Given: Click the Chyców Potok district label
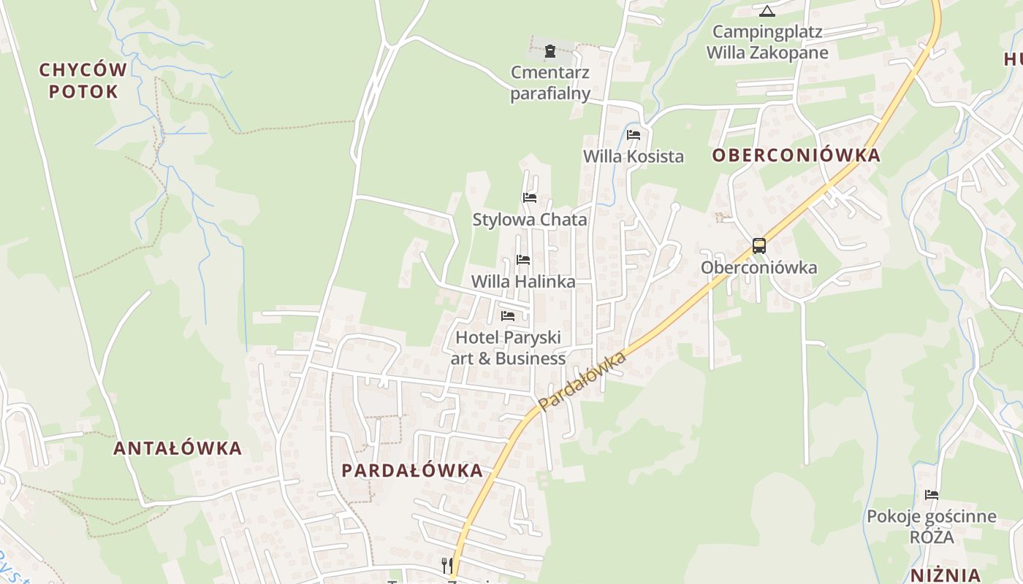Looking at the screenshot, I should pos(83,80).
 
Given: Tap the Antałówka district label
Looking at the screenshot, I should pos(178,447).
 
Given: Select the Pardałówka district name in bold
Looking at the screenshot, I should pos(412,470).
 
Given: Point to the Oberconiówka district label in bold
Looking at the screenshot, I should pos(796,155).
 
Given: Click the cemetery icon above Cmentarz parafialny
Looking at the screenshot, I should pos(549,51).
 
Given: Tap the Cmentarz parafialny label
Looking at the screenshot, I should pos(550,82).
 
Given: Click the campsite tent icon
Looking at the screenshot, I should pos(767,11).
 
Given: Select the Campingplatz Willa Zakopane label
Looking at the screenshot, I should pos(767,42).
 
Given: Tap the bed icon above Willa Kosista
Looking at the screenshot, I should pos(634,135).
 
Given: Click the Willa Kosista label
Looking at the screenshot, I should pos(634,156).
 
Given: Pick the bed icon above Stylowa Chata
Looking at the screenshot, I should pos(530,198).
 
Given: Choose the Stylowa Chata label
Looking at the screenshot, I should pos(530,219).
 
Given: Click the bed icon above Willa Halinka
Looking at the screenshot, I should pos(523,260).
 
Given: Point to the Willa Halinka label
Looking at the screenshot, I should pos(523,281).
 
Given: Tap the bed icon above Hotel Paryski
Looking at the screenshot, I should pos(508,316).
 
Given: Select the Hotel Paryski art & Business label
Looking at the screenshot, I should pos(509,347).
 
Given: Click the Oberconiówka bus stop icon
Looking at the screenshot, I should pos(759,245).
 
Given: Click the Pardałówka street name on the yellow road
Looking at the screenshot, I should pos(582,381).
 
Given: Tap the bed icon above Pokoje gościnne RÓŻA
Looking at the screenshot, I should pos(932,495).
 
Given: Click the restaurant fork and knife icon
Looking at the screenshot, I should pos(446,565).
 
